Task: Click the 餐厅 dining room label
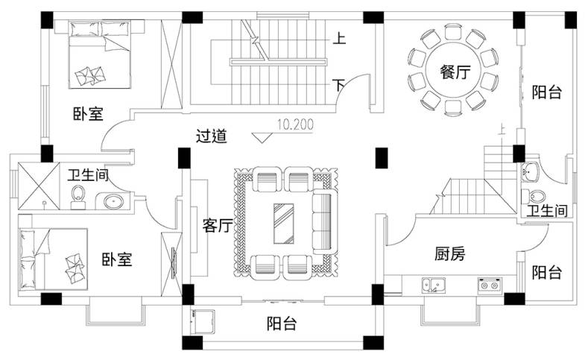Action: coord(455,72)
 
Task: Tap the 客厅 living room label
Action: coord(217,226)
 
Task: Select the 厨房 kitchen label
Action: coord(449,254)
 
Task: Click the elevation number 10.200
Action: coord(295,124)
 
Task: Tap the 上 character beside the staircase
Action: coord(339,38)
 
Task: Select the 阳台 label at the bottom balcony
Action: coord(282,324)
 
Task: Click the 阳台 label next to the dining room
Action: coord(546,92)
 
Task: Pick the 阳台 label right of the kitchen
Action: coord(546,272)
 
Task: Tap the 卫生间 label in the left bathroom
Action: coord(89,176)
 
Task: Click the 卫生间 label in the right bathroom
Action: coord(548,211)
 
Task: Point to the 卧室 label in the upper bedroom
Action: coord(88,114)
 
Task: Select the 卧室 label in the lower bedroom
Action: coord(117,260)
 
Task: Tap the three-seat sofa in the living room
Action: coord(323,222)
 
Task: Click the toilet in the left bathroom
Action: coord(80,196)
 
